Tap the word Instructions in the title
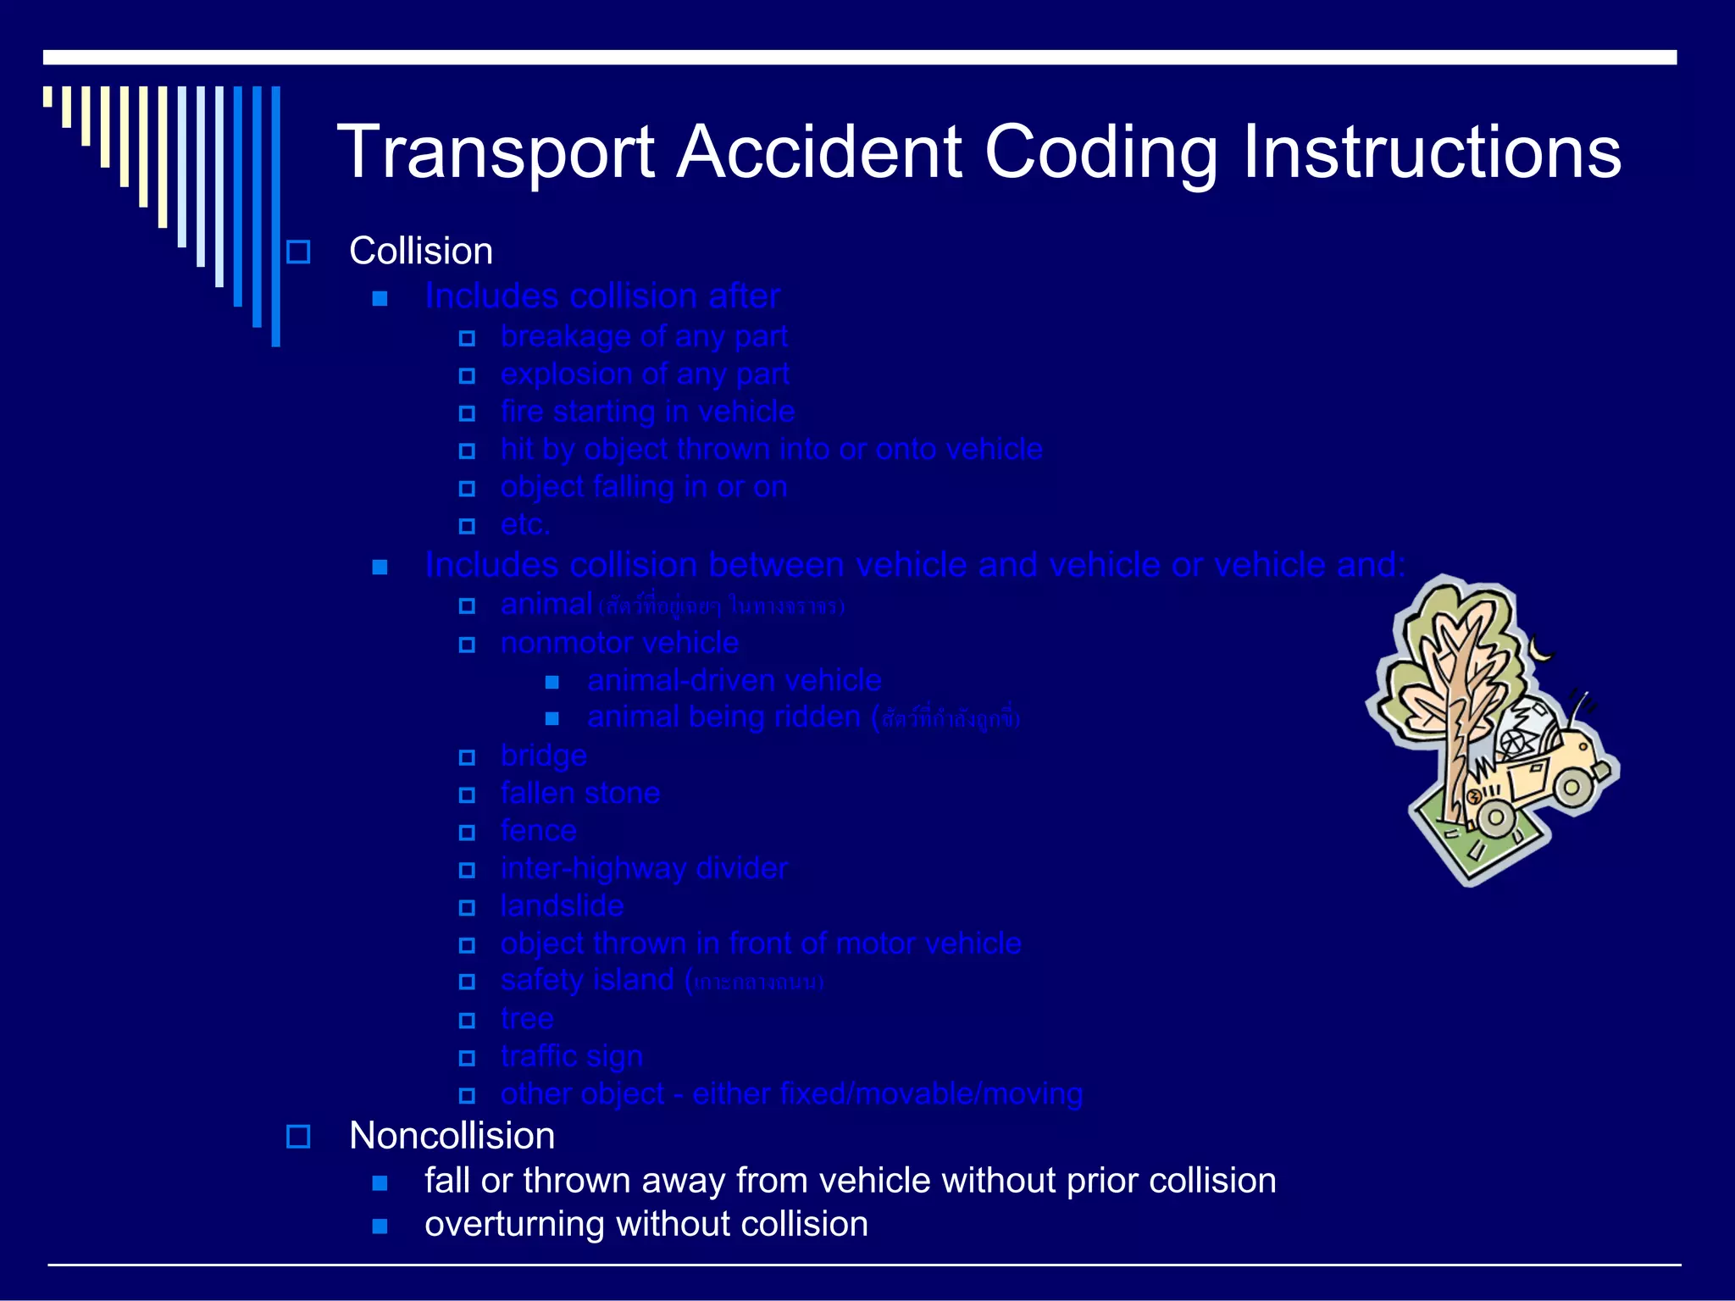click(x=1431, y=152)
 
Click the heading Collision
click(x=420, y=252)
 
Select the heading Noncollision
click(x=452, y=1136)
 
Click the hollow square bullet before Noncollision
click(x=298, y=1136)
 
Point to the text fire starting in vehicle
click(x=647, y=412)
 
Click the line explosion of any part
click(x=644, y=374)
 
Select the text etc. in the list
click(x=525, y=525)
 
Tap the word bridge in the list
click(x=543, y=756)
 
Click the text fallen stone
click(x=579, y=794)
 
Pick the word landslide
click(x=562, y=906)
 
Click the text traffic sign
click(x=571, y=1057)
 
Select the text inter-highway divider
click(x=644, y=869)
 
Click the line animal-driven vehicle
click(x=734, y=681)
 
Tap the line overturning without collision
click(x=646, y=1225)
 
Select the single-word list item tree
click(x=526, y=1019)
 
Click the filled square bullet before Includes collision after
click(x=380, y=298)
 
